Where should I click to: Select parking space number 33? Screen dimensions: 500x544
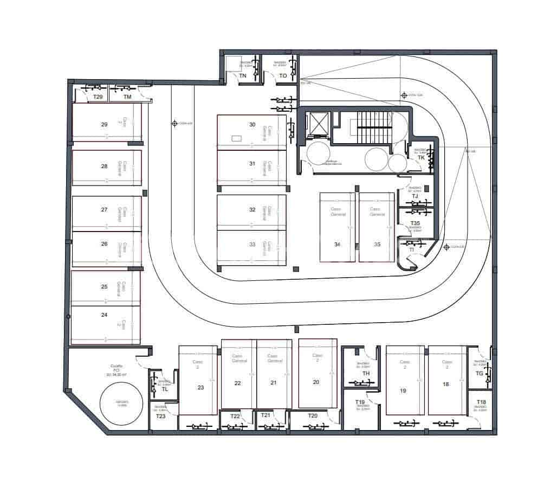pyautogui.click(x=251, y=244)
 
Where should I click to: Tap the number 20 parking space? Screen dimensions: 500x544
pyautogui.click(x=317, y=382)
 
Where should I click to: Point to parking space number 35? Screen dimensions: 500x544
pyautogui.click(x=377, y=244)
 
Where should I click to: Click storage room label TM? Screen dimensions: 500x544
pyautogui.click(x=127, y=97)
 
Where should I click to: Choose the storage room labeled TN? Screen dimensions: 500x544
pyautogui.click(x=243, y=76)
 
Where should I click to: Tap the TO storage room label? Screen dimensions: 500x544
pyautogui.click(x=283, y=76)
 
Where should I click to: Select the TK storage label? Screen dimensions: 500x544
pyautogui.click(x=421, y=158)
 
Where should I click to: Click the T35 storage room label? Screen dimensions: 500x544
pyautogui.click(x=415, y=223)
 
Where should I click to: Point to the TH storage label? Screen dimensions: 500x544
pyautogui.click(x=366, y=373)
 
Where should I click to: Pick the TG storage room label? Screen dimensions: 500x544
pyautogui.click(x=479, y=373)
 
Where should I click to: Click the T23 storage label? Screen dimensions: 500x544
pyautogui.click(x=160, y=416)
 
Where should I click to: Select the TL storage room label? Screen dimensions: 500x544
pyautogui.click(x=165, y=389)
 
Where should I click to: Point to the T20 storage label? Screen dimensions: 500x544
pyautogui.click(x=312, y=416)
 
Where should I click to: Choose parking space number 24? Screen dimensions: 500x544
pyautogui.click(x=104, y=315)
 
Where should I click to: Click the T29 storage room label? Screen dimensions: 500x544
pyautogui.click(x=98, y=97)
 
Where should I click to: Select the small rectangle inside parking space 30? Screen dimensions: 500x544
pyautogui.click(x=236, y=138)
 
